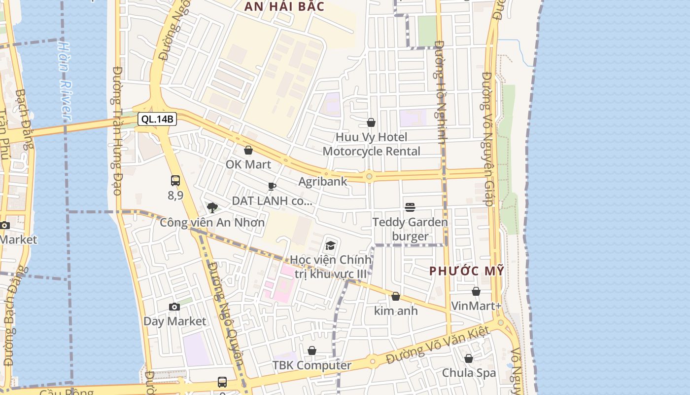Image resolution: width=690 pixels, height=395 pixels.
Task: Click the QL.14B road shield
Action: click(157, 119)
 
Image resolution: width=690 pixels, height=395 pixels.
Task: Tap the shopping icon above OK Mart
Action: click(248, 150)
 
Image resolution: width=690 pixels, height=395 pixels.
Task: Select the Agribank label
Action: click(323, 182)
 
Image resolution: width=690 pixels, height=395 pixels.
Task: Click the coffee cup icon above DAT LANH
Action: click(272, 186)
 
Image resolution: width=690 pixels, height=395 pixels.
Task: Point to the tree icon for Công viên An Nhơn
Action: click(212, 208)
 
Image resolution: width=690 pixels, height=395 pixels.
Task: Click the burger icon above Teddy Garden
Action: click(410, 207)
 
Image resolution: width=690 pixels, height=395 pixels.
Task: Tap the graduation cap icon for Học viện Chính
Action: click(330, 245)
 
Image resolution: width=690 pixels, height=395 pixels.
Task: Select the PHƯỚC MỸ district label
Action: click(467, 271)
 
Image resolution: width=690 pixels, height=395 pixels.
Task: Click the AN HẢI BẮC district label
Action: click(285, 6)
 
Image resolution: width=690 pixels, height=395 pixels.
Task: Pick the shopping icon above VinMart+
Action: click(476, 292)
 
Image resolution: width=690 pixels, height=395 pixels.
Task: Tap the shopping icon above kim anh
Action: click(395, 297)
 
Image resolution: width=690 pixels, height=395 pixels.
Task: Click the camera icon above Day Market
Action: click(174, 307)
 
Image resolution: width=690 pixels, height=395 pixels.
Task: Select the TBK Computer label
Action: click(312, 365)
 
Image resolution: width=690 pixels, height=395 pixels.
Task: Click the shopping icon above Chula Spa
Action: click(469, 358)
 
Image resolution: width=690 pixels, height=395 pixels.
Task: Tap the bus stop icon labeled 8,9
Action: click(175, 181)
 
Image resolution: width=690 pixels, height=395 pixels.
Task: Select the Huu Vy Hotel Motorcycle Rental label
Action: click(372, 144)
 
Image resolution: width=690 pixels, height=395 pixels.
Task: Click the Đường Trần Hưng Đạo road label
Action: click(117, 131)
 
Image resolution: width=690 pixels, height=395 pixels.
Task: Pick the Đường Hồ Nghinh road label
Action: click(440, 94)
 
